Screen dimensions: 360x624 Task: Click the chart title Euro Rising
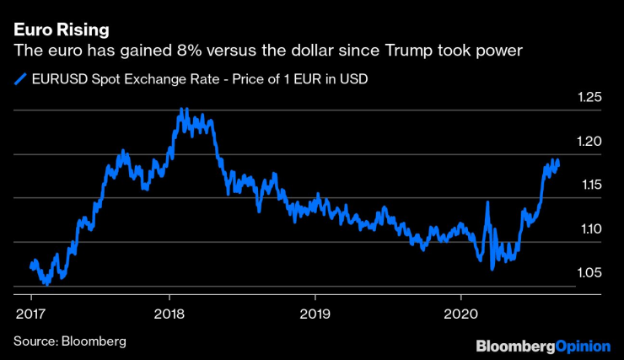pos(61,30)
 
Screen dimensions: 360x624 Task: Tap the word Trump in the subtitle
pos(416,51)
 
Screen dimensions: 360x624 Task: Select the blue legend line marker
pos(20,81)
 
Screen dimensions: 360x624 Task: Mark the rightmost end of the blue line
pos(557,164)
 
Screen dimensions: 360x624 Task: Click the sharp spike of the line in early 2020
pos(487,203)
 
